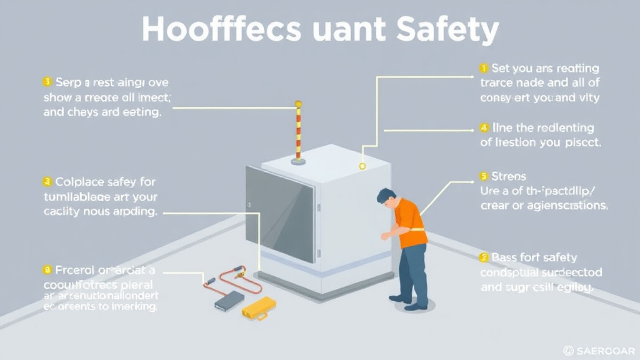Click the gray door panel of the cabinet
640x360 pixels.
pos(280,212)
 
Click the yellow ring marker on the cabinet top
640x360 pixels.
pos(362,166)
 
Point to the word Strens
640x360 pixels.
pos(509,176)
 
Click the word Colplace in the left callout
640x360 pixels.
pos(78,182)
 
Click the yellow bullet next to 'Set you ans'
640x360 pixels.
pos(483,67)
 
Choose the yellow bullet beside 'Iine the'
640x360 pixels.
pos(483,127)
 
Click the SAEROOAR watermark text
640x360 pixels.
pos(603,351)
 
